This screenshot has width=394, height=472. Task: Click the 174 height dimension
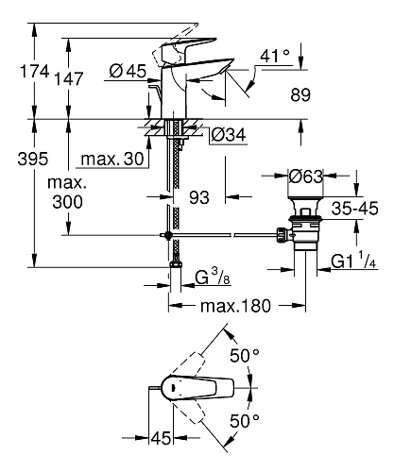(35, 71)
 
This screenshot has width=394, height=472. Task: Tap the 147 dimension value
(69, 78)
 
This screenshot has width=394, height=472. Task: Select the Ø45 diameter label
(128, 71)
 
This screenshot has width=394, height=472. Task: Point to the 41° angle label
(275, 56)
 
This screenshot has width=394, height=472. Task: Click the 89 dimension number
(300, 94)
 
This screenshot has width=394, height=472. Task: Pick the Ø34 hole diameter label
(229, 135)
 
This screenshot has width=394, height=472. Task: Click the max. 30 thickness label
(112, 160)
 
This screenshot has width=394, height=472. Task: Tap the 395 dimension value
(33, 159)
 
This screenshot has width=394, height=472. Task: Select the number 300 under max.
(67, 202)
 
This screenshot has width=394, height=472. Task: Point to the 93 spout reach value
(199, 197)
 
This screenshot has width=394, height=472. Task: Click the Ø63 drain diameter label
(306, 177)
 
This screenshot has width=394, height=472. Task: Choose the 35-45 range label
(355, 209)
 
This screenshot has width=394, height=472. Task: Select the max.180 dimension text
(235, 306)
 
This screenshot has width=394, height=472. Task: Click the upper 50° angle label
(245, 356)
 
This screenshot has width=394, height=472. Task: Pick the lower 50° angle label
(245, 421)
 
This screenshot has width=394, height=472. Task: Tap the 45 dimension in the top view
(161, 438)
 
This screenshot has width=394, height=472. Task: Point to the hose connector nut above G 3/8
(176, 264)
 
